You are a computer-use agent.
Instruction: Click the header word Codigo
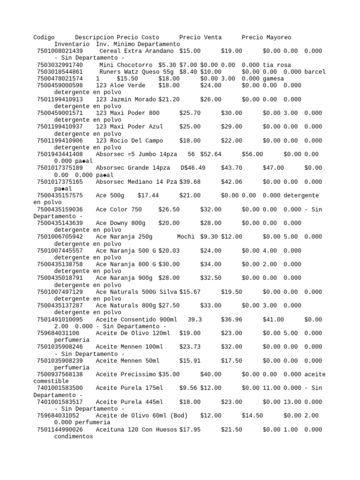[x=44, y=37]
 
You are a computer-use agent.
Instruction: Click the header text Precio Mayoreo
[x=266, y=37]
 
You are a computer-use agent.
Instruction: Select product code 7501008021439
[x=60, y=51]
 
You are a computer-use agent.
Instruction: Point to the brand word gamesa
[x=273, y=79]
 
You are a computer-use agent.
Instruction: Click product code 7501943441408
[x=60, y=154]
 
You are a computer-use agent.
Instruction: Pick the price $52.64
[x=210, y=154]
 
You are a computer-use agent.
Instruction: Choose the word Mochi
[x=186, y=237]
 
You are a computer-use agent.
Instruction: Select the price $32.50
[x=210, y=277]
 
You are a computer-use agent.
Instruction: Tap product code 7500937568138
[x=60, y=374]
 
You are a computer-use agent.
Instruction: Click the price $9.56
[x=187, y=388]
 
